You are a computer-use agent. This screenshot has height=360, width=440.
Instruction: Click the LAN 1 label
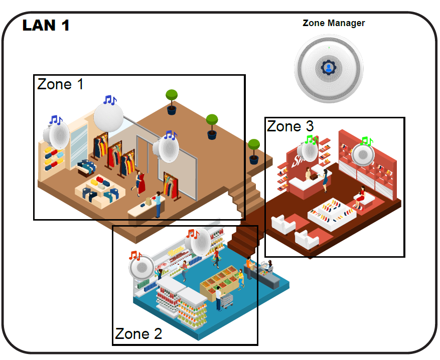46,25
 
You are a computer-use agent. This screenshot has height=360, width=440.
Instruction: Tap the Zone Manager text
334,23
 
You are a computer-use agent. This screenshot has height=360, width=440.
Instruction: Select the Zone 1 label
60,84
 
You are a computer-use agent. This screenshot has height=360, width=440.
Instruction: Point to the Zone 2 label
138,333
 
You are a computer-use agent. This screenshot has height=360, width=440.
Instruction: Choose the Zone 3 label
290,126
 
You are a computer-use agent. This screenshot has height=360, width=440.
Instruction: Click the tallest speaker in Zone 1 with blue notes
108,117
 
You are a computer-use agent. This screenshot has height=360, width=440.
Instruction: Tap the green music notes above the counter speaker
311,139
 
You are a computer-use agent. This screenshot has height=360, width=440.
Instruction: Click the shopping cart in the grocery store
227,301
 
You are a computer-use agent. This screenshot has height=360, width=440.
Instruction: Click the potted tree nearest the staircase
254,151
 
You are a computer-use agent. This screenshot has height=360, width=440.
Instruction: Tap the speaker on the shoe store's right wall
363,154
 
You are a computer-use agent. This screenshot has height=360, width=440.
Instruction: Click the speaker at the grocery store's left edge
141,267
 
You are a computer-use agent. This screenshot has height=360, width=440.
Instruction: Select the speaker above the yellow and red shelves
56,135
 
